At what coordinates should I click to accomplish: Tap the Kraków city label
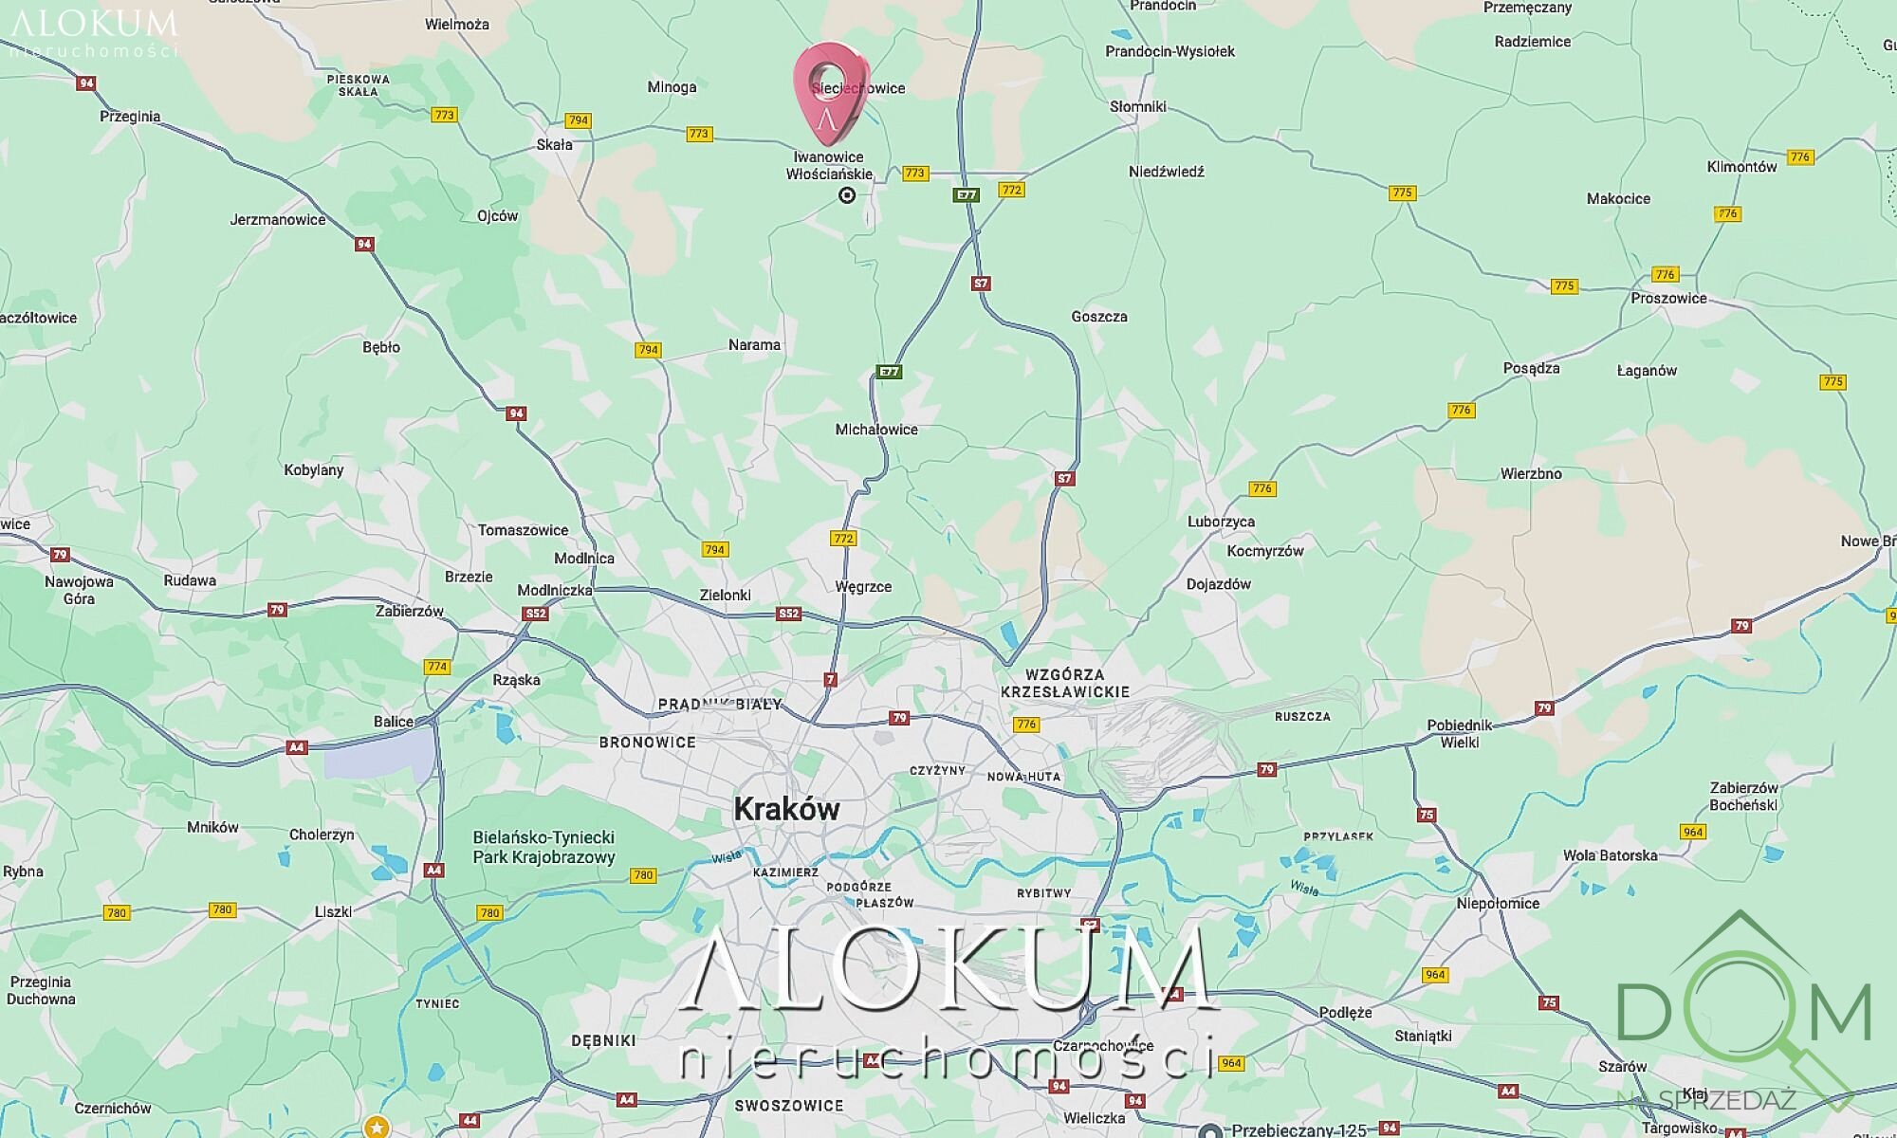786,809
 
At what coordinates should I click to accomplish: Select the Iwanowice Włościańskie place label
829,165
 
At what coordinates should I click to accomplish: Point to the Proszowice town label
1668,298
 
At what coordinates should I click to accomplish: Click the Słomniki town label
1137,106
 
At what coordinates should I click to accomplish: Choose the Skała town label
554,145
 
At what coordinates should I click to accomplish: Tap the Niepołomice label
1498,903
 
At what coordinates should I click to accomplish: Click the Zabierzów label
409,611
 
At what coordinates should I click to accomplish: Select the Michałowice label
875,430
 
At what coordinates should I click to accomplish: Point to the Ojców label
497,216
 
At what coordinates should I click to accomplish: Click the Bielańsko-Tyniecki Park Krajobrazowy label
543,847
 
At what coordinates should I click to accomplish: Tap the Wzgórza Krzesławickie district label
1064,683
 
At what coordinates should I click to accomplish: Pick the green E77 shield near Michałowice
889,372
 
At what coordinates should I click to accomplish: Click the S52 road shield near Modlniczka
536,614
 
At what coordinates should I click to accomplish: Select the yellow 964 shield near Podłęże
1435,975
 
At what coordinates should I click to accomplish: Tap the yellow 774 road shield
436,667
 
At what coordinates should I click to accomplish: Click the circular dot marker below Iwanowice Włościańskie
847,195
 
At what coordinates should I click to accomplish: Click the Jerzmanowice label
277,220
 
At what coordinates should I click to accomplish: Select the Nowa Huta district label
1023,777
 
